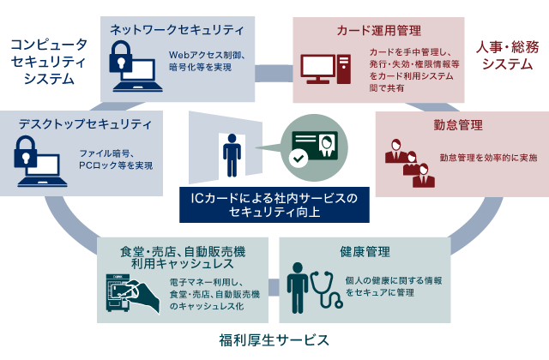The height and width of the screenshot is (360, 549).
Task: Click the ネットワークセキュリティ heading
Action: (x=177, y=30)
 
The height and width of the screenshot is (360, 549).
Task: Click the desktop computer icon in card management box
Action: (x=325, y=70)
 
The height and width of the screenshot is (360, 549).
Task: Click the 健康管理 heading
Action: (x=365, y=252)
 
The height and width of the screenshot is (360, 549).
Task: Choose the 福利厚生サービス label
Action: (x=274, y=339)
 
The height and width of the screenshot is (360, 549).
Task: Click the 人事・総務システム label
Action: (x=508, y=54)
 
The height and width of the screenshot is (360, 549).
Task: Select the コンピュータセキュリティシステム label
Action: (x=48, y=60)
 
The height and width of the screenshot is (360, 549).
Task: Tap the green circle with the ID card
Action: (x=313, y=144)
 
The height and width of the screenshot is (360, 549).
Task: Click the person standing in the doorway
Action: (x=231, y=153)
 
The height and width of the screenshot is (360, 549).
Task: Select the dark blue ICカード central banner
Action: (x=275, y=205)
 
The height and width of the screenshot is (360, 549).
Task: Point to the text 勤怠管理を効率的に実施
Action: (x=488, y=158)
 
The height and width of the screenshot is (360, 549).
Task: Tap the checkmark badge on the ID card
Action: (x=298, y=159)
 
